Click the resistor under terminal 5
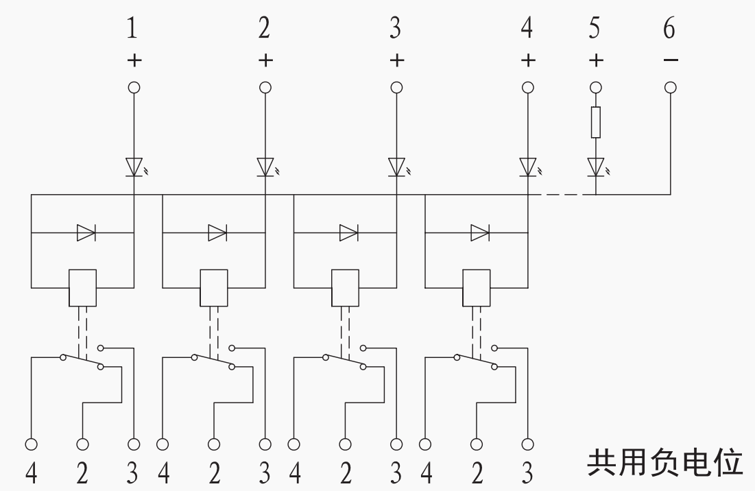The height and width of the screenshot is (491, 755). tap(596, 122)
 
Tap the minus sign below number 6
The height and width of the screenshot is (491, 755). tap(670, 60)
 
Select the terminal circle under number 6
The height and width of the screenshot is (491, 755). tap(670, 88)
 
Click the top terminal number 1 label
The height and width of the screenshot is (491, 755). tap(132, 27)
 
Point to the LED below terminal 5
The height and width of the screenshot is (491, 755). tap(597, 167)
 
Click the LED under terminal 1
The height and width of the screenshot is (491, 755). tap(134, 167)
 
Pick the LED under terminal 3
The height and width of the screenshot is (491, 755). tap(397, 167)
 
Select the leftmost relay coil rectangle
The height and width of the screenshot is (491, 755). tap(83, 288)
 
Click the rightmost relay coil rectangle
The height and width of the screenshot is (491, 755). tap(477, 288)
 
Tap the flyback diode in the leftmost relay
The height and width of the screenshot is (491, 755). tap(86, 233)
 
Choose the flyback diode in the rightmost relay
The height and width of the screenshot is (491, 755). tap(480, 233)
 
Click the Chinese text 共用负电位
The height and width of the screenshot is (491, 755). tap(664, 463)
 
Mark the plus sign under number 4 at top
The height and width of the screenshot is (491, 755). tap(528, 60)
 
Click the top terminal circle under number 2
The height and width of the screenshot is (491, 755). tap(265, 88)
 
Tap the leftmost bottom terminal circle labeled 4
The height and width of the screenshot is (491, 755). tap(32, 444)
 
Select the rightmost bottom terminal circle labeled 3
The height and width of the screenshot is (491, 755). tap(528, 444)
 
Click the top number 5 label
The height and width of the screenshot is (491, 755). tap(595, 27)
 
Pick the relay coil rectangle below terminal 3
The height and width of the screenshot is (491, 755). tap(345, 288)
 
